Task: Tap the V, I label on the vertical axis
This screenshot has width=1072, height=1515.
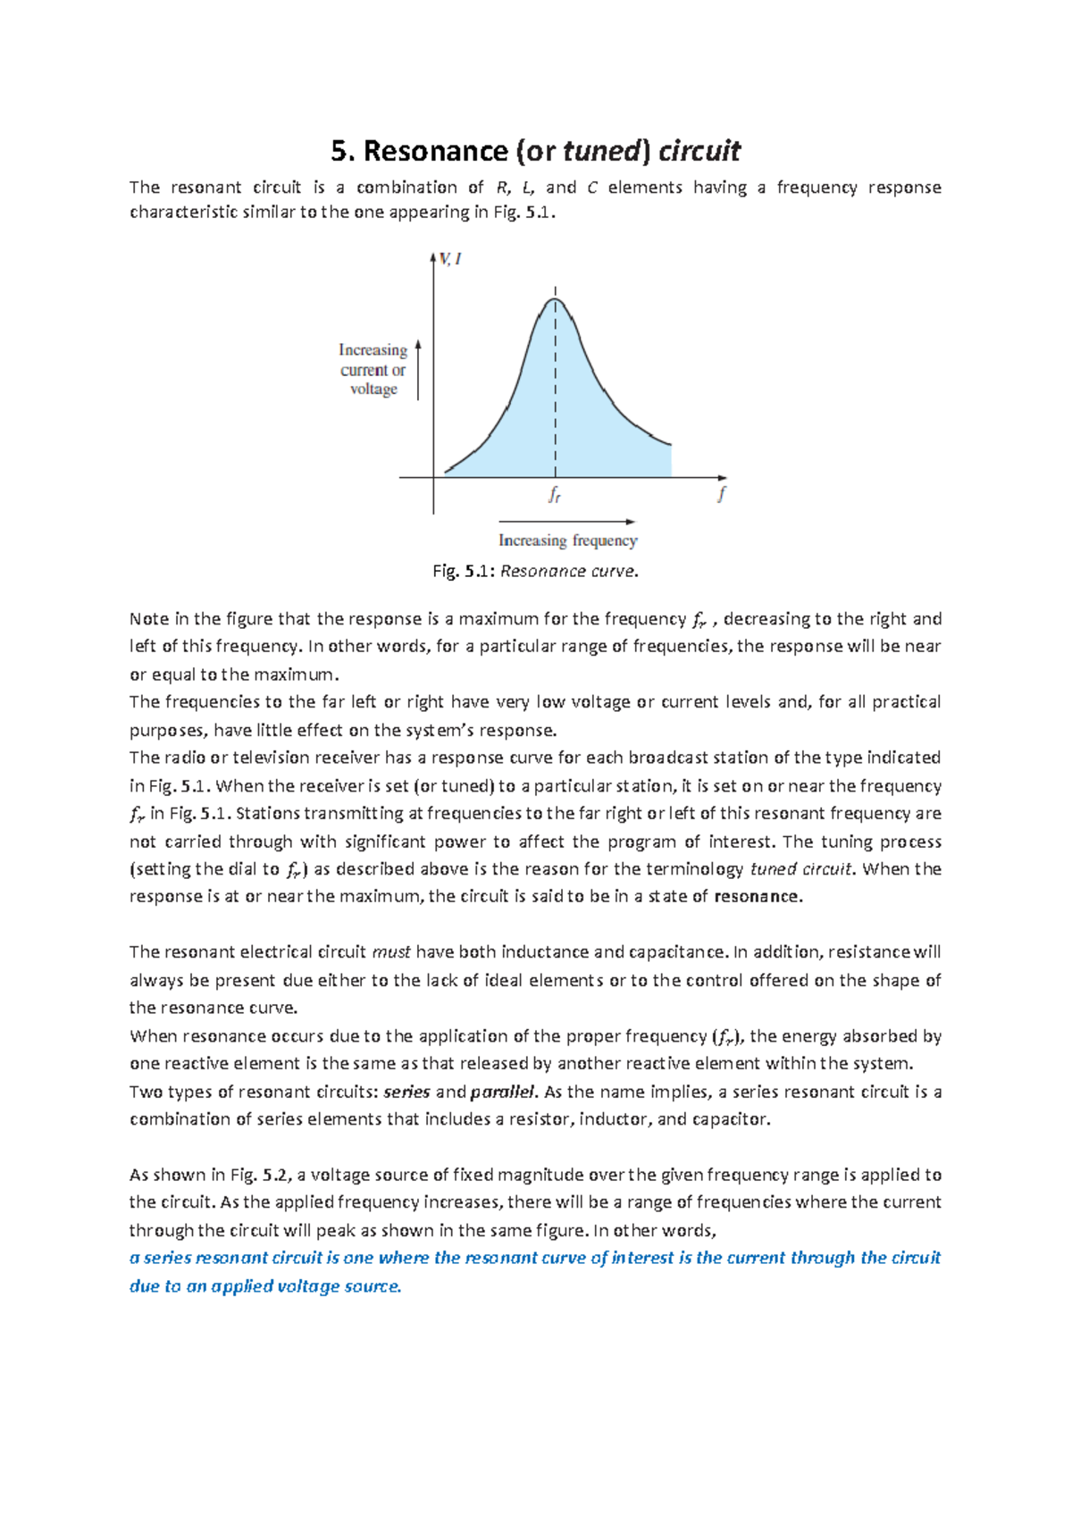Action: pyautogui.click(x=450, y=259)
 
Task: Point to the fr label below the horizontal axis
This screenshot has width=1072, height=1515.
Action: pyautogui.click(x=555, y=494)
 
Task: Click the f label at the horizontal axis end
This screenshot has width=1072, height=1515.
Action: pyautogui.click(x=722, y=493)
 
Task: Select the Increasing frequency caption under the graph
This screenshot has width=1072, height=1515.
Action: pyautogui.click(x=567, y=540)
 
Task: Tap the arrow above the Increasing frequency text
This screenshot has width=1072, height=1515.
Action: pyautogui.click(x=567, y=521)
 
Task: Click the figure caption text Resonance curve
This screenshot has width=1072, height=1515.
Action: pyautogui.click(x=569, y=571)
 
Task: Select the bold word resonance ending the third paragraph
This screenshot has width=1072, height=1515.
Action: pyautogui.click(x=758, y=897)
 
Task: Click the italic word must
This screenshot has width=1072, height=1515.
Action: pyautogui.click(x=390, y=952)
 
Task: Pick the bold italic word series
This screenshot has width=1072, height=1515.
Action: pyautogui.click(x=406, y=1092)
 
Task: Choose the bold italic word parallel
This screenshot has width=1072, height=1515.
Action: pyautogui.click(x=503, y=1092)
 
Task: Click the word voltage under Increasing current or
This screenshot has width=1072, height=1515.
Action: pyautogui.click(x=373, y=389)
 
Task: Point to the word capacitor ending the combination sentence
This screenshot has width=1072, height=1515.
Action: pyautogui.click(x=731, y=1119)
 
